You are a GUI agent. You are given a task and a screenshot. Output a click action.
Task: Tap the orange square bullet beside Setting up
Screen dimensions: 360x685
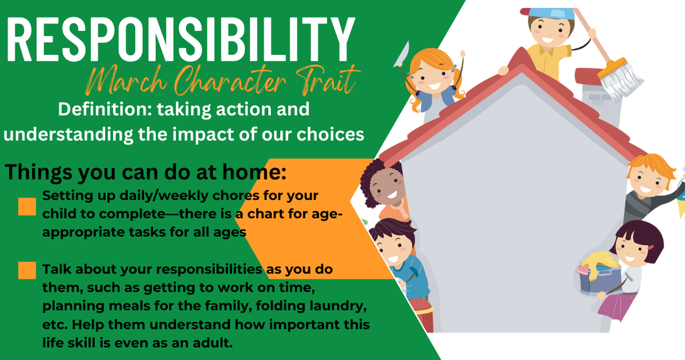pyautogui.click(x=27, y=207)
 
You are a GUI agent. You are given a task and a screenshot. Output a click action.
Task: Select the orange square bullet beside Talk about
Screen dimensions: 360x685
pyautogui.click(x=27, y=270)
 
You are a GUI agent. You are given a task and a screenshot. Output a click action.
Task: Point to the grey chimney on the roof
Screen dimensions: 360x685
pyautogui.click(x=602, y=100)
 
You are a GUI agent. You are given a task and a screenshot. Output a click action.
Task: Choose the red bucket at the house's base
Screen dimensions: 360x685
pyautogui.click(x=421, y=314)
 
